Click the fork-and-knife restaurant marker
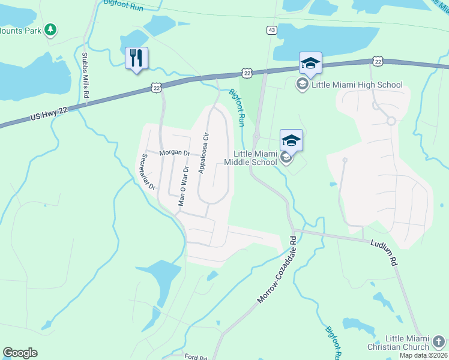(x=136, y=58)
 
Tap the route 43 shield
(x=272, y=30)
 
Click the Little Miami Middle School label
(x=251, y=157)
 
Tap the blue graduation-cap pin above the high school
(x=310, y=62)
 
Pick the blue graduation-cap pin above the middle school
(x=291, y=140)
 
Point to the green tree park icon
(x=51, y=29)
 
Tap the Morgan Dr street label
(x=175, y=153)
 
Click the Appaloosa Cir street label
(x=205, y=152)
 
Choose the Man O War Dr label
(x=184, y=185)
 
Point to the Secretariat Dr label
(x=147, y=170)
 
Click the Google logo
(x=20, y=353)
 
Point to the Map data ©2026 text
(x=424, y=355)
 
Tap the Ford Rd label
(x=196, y=357)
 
